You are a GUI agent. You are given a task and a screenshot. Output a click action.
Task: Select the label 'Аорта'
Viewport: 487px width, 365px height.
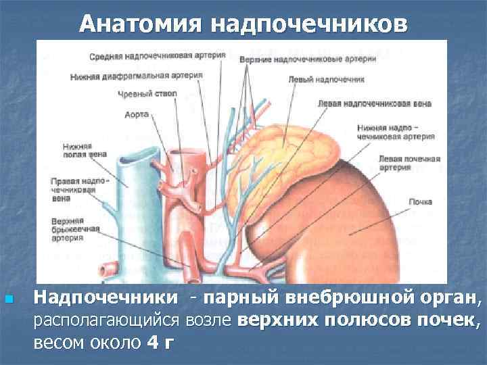pos(137,115)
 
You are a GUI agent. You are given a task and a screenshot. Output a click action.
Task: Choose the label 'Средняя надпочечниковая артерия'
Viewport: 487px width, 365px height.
pos(156,55)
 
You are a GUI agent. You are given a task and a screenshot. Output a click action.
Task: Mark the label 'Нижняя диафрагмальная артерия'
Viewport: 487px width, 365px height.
pos(136,76)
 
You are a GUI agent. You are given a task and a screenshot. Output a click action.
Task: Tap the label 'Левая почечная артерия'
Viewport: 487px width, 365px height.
pos(410,163)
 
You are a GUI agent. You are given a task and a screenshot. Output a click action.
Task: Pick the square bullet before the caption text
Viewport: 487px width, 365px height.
pos(8,298)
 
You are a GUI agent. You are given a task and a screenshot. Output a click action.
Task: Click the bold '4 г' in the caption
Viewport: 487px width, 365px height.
pos(160,342)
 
